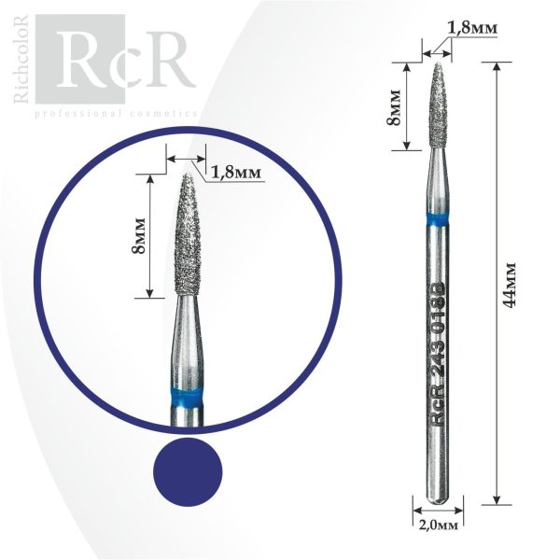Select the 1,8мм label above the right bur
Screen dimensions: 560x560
coord(472,28)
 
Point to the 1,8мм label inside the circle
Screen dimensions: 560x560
coord(236,174)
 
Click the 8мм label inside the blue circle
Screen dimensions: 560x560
coord(138,235)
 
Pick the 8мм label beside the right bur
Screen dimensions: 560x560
coord(394,107)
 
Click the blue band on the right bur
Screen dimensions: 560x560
coord(437,220)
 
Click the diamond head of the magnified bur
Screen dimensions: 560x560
coord(188,235)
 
